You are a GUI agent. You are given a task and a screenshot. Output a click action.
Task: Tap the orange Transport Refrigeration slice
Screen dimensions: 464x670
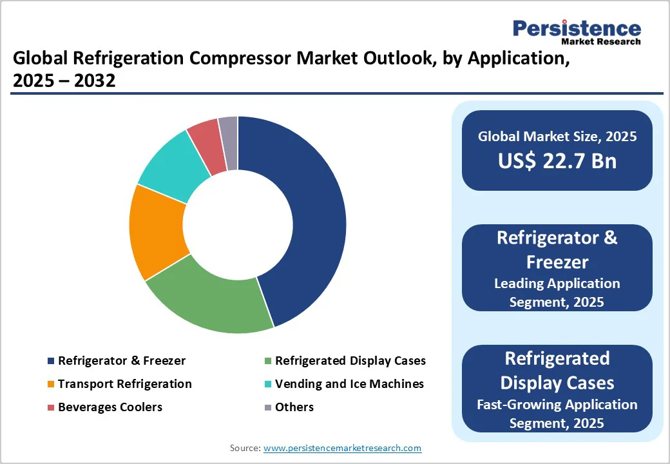(x=158, y=232)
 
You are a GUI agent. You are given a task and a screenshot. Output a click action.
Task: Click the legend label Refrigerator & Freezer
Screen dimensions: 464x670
(x=122, y=360)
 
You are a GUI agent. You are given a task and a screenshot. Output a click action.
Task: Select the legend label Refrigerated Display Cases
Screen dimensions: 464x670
(x=350, y=360)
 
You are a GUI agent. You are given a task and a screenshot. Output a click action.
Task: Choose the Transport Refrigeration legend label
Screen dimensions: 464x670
(x=124, y=383)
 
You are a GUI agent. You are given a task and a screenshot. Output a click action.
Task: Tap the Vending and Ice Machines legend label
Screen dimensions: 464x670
(x=349, y=383)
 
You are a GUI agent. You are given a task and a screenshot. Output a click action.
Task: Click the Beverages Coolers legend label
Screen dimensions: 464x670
(x=110, y=407)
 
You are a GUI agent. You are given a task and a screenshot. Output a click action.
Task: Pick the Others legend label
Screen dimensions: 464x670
(x=294, y=407)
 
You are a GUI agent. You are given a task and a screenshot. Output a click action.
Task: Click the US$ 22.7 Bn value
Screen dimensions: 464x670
(x=557, y=160)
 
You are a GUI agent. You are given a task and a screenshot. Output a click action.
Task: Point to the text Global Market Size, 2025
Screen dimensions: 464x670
(x=557, y=136)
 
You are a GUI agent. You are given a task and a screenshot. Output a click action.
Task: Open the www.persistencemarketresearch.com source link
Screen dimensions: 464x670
(x=343, y=448)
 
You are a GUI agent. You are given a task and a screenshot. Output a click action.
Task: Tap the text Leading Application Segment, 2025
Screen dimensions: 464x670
(x=557, y=292)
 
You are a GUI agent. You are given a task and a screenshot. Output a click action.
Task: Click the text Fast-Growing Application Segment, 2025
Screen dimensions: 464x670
(x=557, y=413)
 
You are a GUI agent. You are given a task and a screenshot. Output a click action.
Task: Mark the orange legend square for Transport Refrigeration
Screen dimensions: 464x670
(x=50, y=384)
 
